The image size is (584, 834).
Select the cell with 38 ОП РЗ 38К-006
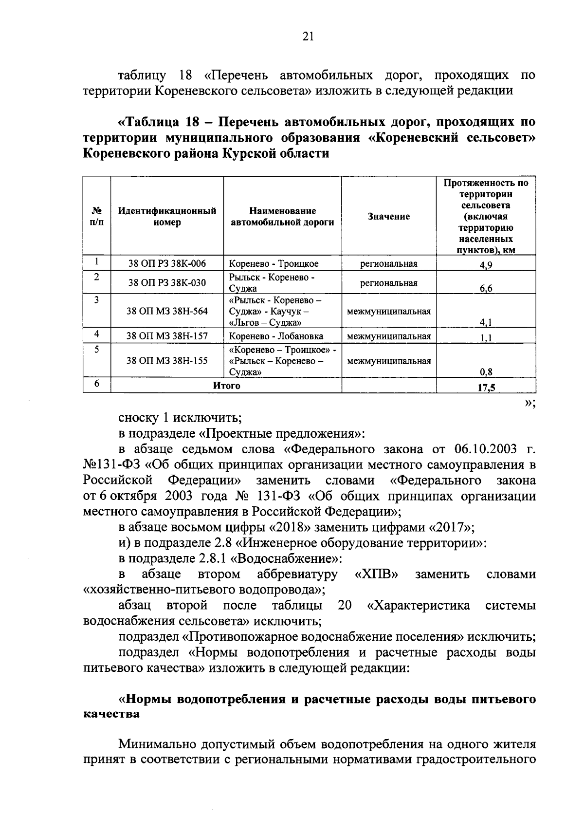[x=167, y=264]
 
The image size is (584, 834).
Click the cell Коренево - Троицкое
[x=274, y=264]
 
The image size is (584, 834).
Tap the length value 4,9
[x=486, y=265]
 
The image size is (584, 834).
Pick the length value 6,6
[x=486, y=288]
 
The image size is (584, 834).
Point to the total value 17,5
[x=486, y=388]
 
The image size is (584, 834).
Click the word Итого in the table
[x=227, y=386]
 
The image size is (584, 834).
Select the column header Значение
[x=389, y=217]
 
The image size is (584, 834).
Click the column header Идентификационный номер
[x=167, y=217]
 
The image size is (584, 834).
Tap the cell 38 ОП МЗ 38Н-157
[x=167, y=336]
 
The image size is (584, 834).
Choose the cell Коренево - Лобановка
[x=276, y=336]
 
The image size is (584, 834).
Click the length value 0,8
[x=486, y=372]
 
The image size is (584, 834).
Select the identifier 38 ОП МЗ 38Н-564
[x=167, y=311]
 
